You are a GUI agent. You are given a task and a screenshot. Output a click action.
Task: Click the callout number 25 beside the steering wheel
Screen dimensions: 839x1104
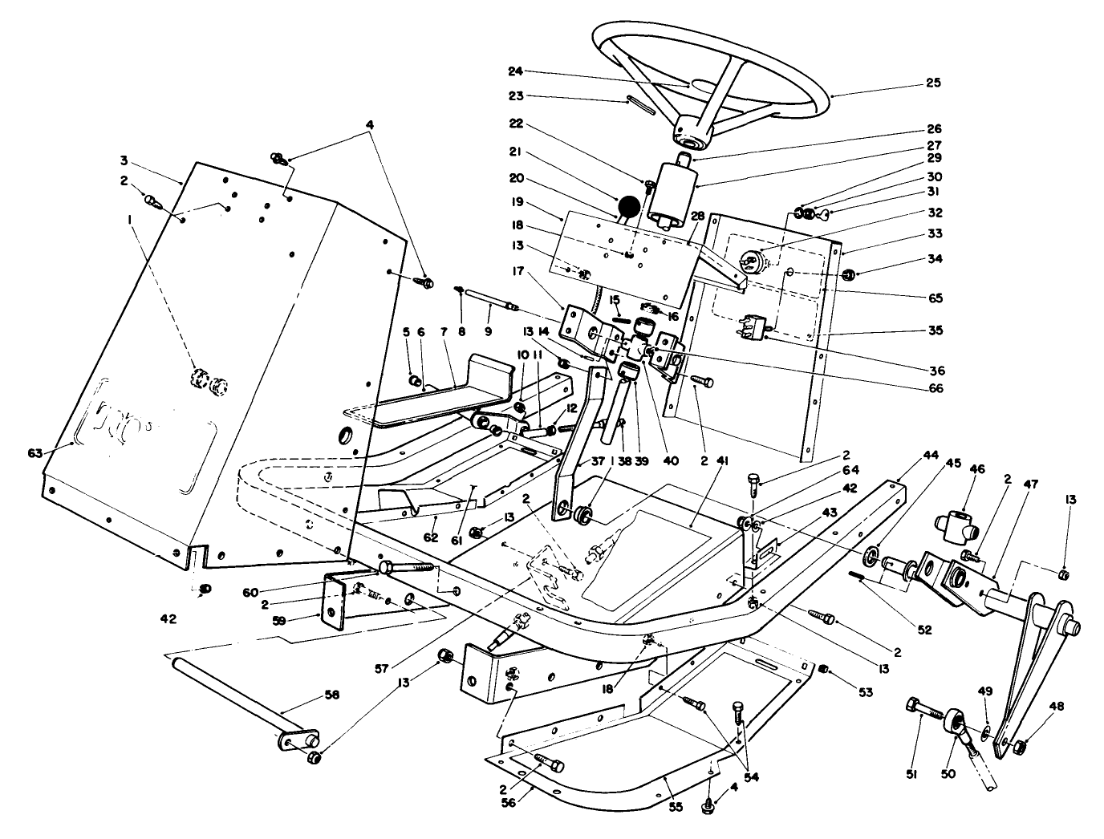click(x=933, y=83)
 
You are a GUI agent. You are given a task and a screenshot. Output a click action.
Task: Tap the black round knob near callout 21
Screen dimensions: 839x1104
click(x=630, y=206)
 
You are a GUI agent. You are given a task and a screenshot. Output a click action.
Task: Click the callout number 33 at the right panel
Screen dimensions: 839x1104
click(x=934, y=234)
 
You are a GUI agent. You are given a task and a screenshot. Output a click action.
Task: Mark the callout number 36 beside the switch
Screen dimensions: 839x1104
click(x=934, y=371)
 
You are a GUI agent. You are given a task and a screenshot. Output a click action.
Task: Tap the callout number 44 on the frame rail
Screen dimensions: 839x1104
click(x=931, y=454)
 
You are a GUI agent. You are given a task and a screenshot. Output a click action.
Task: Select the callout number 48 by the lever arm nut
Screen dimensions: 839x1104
click(x=1058, y=706)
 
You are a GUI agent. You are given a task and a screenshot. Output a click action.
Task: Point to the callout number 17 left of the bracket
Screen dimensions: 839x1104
click(x=518, y=271)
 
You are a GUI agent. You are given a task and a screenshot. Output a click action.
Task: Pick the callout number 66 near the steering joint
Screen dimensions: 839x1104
click(x=934, y=389)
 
